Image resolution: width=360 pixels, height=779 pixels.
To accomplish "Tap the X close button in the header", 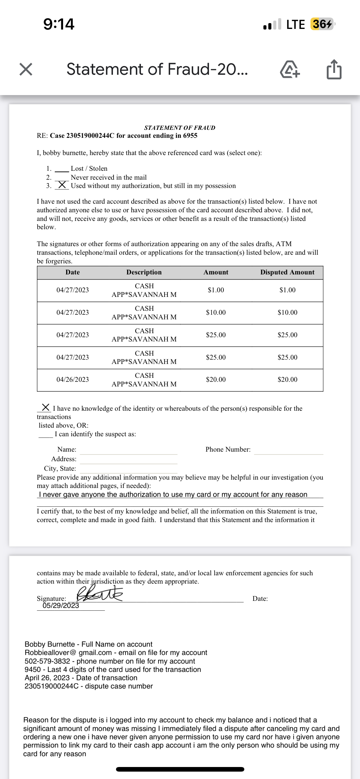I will click(x=26, y=69).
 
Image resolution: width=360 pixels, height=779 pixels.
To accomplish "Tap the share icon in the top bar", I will click(x=334, y=69).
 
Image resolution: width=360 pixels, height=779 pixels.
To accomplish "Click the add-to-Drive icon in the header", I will click(x=290, y=69).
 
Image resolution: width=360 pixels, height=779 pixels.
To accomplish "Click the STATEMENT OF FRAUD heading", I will click(x=180, y=128).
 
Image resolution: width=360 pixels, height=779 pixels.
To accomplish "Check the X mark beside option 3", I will click(x=62, y=185).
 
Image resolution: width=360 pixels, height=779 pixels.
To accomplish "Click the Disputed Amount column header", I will click(x=287, y=272).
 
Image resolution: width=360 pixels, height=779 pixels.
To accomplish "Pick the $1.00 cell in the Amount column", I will click(x=216, y=290).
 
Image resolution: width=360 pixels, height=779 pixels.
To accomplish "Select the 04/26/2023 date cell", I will click(x=73, y=380).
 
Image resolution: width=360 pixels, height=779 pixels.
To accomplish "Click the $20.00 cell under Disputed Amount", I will click(x=287, y=380).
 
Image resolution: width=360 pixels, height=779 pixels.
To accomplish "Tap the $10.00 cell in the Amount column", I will click(x=216, y=313).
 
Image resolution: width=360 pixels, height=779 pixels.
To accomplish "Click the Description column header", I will click(x=144, y=272).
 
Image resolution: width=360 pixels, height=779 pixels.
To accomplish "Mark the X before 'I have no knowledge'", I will click(x=46, y=407).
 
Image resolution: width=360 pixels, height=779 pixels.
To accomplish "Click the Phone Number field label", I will click(x=228, y=449).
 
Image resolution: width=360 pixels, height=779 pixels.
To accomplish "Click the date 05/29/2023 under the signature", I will click(x=61, y=605).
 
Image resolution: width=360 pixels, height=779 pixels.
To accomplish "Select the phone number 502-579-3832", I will click(x=47, y=661).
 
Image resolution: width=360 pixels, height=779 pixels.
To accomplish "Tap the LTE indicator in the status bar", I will click(x=295, y=24).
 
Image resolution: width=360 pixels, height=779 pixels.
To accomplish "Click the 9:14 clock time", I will click(x=59, y=24).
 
